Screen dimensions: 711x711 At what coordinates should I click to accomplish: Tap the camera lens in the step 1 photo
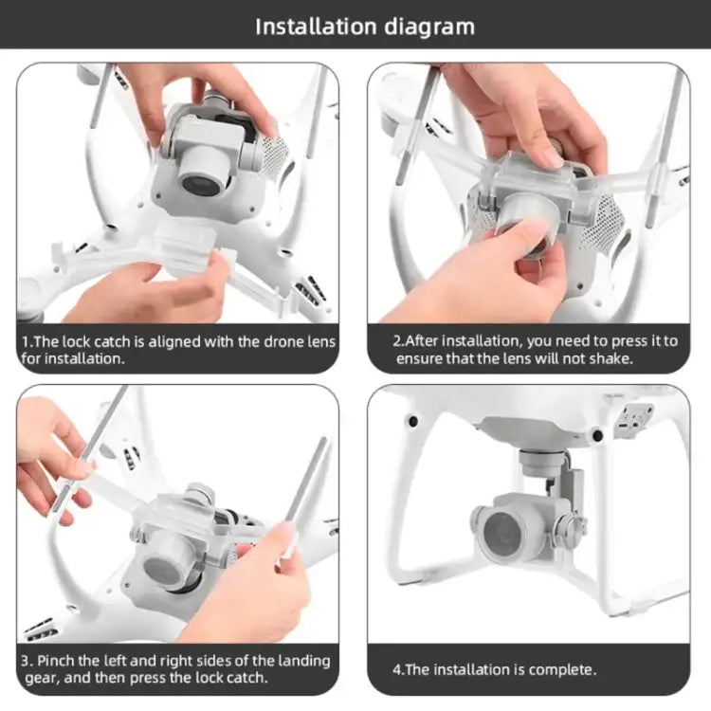pos(200,180)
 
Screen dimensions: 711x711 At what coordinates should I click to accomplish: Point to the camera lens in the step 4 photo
pos(502,534)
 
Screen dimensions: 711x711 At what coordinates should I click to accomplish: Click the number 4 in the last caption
pos(397,669)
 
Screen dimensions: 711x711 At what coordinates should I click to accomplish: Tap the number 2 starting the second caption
pos(397,341)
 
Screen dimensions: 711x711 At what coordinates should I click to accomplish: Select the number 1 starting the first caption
pos(26,341)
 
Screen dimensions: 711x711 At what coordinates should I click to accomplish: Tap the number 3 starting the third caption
pos(26,660)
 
